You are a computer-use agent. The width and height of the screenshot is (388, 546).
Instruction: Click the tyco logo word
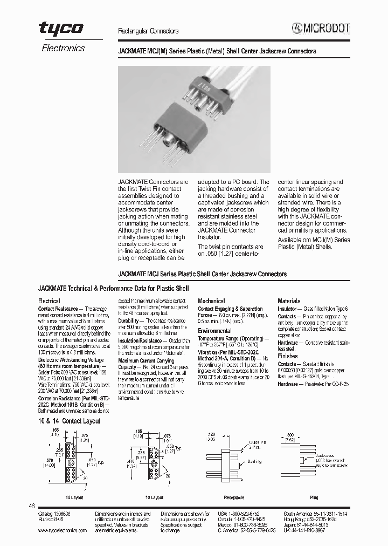coord(60,30)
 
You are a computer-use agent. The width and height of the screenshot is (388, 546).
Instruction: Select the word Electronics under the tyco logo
coord(63,48)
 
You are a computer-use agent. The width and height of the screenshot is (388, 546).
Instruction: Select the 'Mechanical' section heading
coord(211,301)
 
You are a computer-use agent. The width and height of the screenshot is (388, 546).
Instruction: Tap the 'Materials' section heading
coord(289,301)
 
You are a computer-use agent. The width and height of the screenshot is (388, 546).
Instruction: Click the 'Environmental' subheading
coord(214,331)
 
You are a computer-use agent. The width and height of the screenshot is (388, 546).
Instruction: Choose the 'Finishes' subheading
coord(288,356)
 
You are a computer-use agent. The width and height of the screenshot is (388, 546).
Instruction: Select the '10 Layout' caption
coord(154,497)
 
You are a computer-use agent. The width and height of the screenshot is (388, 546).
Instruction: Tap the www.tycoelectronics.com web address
coord(63,530)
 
